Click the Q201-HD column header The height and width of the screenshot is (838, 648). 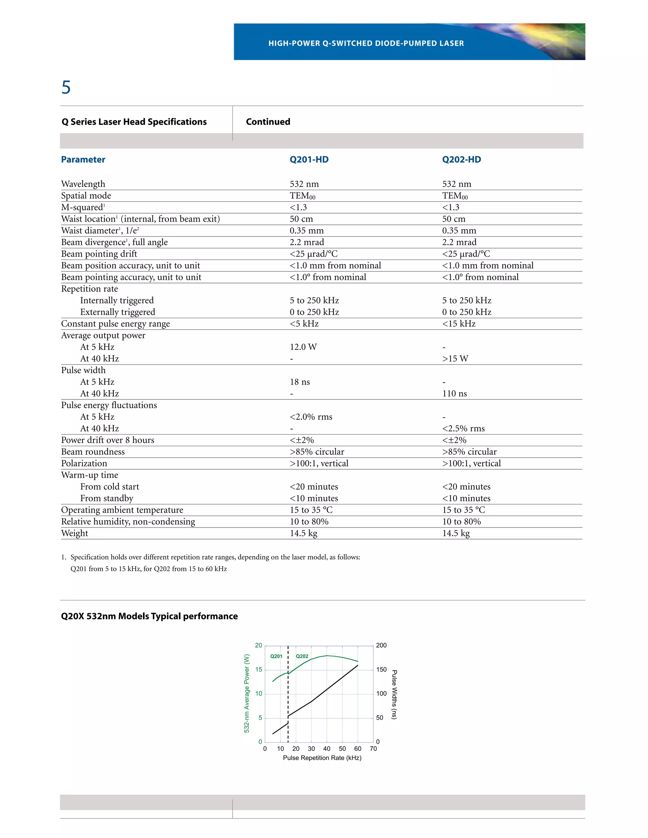(309, 160)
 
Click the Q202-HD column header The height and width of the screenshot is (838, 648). (461, 160)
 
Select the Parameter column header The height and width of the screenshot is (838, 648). (83, 160)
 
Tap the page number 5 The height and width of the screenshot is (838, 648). (66, 88)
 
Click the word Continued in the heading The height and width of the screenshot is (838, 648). (268, 122)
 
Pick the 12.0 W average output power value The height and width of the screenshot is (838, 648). (303, 347)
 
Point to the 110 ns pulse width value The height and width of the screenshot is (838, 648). (455, 394)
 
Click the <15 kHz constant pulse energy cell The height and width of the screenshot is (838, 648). (459, 324)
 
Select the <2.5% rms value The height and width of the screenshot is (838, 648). (463, 428)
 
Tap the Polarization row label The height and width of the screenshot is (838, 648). (84, 464)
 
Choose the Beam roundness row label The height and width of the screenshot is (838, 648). (93, 452)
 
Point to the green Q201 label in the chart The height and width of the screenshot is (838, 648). (276, 656)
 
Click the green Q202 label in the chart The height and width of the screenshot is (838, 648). (302, 656)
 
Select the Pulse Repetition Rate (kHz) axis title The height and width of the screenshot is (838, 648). (322, 758)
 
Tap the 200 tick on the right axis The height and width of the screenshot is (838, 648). (381, 645)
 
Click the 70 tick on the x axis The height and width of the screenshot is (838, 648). (373, 749)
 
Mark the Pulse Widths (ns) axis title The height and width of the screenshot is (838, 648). (394, 694)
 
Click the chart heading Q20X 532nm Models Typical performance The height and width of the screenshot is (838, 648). (149, 616)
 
